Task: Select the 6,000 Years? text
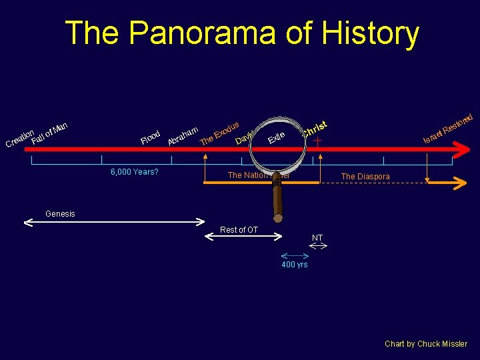click(x=134, y=172)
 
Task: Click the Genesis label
click(x=60, y=214)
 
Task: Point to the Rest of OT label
click(x=239, y=230)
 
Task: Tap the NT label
click(x=317, y=238)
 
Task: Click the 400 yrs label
click(x=294, y=265)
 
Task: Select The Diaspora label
click(x=365, y=177)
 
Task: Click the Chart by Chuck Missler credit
click(x=426, y=344)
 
